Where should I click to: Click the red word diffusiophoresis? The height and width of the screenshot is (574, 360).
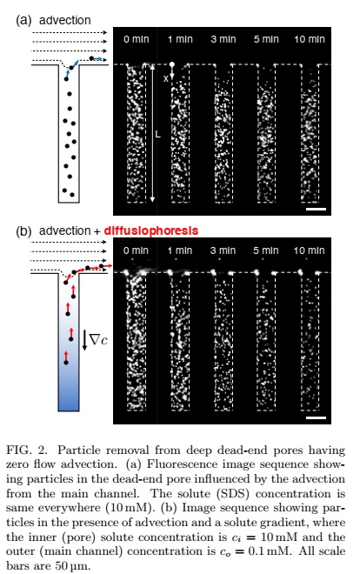(x=151, y=230)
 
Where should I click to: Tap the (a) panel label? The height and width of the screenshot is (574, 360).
(x=23, y=20)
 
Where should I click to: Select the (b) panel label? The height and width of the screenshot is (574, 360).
(x=23, y=231)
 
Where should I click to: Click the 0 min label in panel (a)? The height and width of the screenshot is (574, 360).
(x=137, y=39)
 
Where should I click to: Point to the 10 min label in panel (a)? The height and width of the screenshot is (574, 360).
(x=310, y=39)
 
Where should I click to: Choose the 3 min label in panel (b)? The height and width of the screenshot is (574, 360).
(x=223, y=250)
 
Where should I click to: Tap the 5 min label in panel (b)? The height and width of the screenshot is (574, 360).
(x=266, y=250)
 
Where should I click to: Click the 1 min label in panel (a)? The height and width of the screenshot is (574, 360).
(x=180, y=39)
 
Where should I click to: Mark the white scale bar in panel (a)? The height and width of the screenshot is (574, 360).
(x=316, y=209)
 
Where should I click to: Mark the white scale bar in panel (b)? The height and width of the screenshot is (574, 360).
(x=316, y=417)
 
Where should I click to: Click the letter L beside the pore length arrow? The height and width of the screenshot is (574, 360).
(x=158, y=135)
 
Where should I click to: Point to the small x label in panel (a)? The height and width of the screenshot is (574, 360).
(x=166, y=78)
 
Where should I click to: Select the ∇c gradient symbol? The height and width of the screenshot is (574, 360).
(x=99, y=340)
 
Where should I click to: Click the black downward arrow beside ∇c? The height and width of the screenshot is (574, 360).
(x=84, y=340)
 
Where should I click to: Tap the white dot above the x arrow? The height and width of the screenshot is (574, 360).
(x=172, y=64)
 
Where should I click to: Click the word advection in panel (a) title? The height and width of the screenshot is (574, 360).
(x=65, y=20)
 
